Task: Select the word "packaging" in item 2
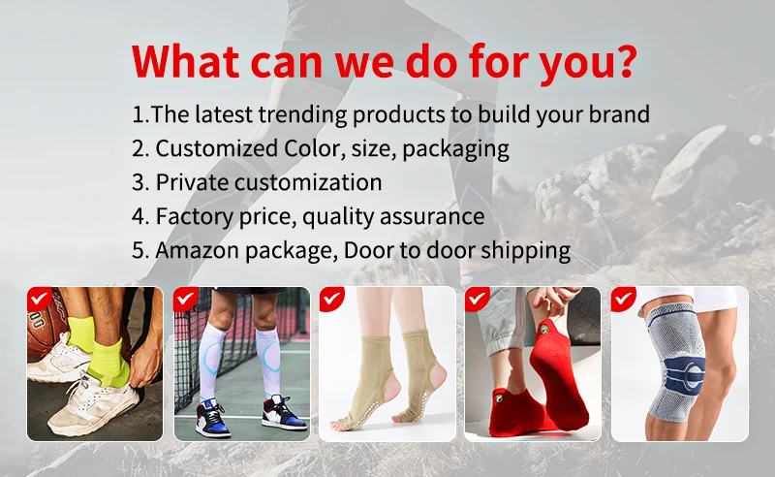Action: pyautogui.click(x=455, y=149)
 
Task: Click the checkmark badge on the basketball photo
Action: pyautogui.click(x=40, y=299)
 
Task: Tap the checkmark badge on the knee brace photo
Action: pyautogui.click(x=624, y=299)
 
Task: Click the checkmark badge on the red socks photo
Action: pyautogui.click(x=478, y=299)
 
